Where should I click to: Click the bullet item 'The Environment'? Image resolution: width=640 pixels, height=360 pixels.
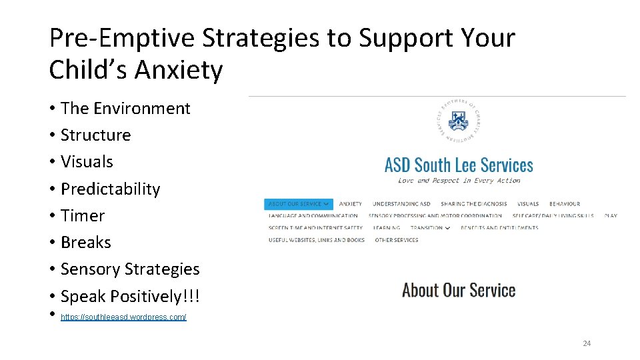(x=125, y=108)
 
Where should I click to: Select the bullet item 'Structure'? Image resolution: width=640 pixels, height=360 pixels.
(x=95, y=135)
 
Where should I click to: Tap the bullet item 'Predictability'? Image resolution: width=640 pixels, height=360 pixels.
(x=110, y=189)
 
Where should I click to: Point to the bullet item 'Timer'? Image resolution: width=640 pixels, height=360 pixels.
(x=83, y=215)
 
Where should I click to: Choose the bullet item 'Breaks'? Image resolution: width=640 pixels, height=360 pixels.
(x=86, y=242)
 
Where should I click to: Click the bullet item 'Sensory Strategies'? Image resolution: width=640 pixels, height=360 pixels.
(x=130, y=269)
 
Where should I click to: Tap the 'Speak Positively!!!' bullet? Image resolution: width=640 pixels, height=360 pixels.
(x=130, y=296)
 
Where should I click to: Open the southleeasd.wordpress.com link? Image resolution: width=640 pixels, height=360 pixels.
(x=123, y=317)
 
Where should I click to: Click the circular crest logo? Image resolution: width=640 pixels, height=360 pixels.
(x=459, y=120)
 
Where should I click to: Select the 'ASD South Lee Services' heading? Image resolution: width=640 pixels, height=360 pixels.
(x=459, y=165)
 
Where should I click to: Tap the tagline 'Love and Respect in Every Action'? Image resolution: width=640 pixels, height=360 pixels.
(x=459, y=180)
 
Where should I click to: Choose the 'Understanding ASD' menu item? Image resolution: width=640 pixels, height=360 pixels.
(x=401, y=204)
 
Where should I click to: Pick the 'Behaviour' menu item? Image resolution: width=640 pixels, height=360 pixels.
(x=565, y=204)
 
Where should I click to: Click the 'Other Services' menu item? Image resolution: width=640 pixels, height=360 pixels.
(x=397, y=240)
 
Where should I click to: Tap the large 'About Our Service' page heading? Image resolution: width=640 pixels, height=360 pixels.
(x=459, y=290)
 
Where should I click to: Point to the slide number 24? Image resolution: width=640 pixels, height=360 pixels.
(x=587, y=343)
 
